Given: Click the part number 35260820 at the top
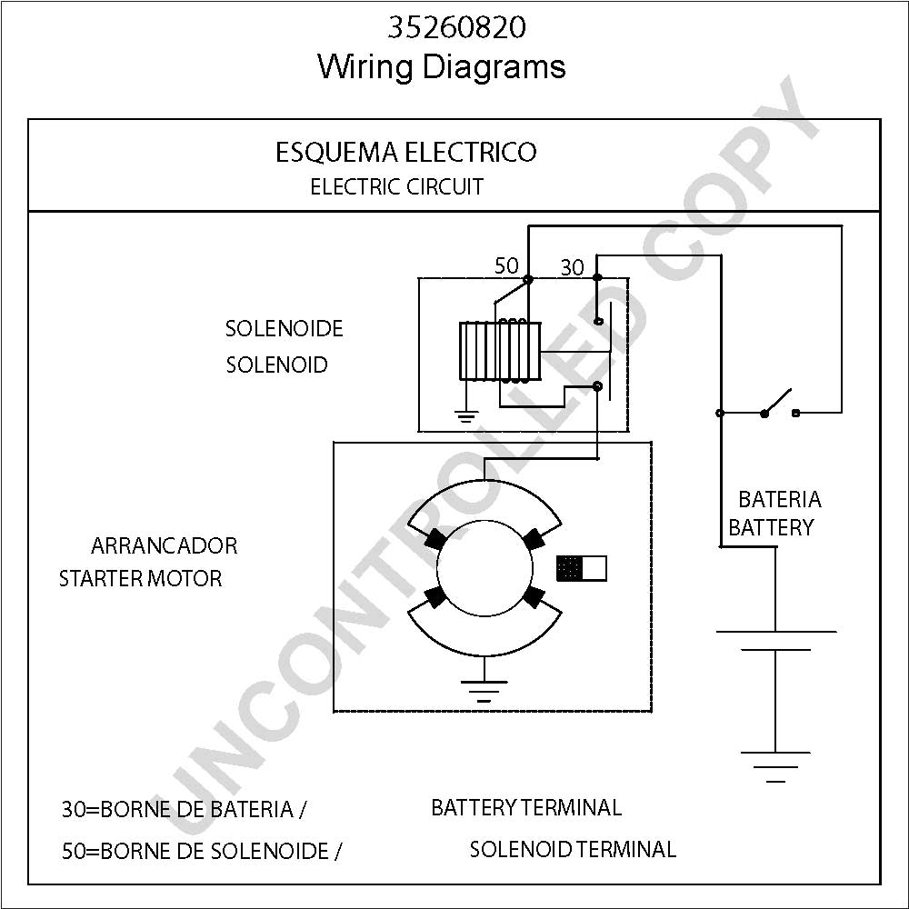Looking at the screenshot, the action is point(457,27).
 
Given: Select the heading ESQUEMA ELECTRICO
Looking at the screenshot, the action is point(405,153).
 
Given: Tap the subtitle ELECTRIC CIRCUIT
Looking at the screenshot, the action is point(396,186).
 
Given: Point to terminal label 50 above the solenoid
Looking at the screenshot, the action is point(506,265).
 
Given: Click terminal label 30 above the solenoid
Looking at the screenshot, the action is point(572,267).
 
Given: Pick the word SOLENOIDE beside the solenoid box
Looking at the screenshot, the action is point(284,329).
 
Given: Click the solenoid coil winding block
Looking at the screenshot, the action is point(500,351).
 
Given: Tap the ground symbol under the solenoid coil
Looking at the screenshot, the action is point(466,416).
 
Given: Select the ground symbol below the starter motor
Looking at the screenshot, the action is point(484,691).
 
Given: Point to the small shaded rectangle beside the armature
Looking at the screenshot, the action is point(582,568).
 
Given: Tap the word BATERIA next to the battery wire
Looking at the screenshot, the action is point(780,499).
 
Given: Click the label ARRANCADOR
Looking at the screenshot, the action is point(164,545).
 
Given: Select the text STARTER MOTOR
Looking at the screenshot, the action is point(140,578).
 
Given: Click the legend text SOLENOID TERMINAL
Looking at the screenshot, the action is point(573,849).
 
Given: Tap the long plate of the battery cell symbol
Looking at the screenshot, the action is point(776,632).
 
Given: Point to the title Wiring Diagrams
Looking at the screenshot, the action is point(442,66).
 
